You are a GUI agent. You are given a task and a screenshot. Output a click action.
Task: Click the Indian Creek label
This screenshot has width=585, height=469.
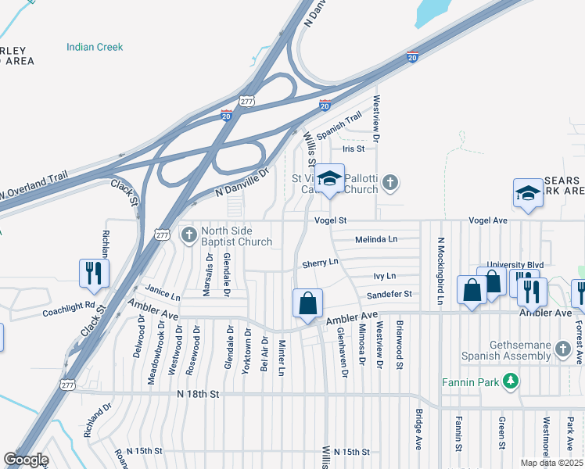point(95,47)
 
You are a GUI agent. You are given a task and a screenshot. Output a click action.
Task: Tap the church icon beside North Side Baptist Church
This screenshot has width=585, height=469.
point(188,234)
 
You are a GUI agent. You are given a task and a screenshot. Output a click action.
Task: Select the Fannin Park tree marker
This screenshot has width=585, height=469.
point(511,381)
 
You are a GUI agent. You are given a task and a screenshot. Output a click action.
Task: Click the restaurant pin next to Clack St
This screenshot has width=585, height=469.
point(94,273)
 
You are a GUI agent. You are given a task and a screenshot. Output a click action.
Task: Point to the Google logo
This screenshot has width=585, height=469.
point(26,460)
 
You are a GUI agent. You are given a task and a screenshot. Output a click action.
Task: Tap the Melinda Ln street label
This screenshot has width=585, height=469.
point(376,239)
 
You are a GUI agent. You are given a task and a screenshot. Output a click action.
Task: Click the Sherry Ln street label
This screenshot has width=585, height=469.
point(321,263)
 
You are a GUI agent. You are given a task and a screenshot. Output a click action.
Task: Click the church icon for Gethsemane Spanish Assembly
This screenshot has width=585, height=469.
point(563,349)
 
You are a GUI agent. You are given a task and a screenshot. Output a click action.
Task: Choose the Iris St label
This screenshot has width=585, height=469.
point(354,149)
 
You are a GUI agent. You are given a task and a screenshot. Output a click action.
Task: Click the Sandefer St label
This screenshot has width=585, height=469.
point(389,295)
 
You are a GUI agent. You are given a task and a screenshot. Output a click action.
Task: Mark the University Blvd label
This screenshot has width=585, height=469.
point(515,265)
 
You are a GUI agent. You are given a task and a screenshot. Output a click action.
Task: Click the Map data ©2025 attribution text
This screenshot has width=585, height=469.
point(551,463)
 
